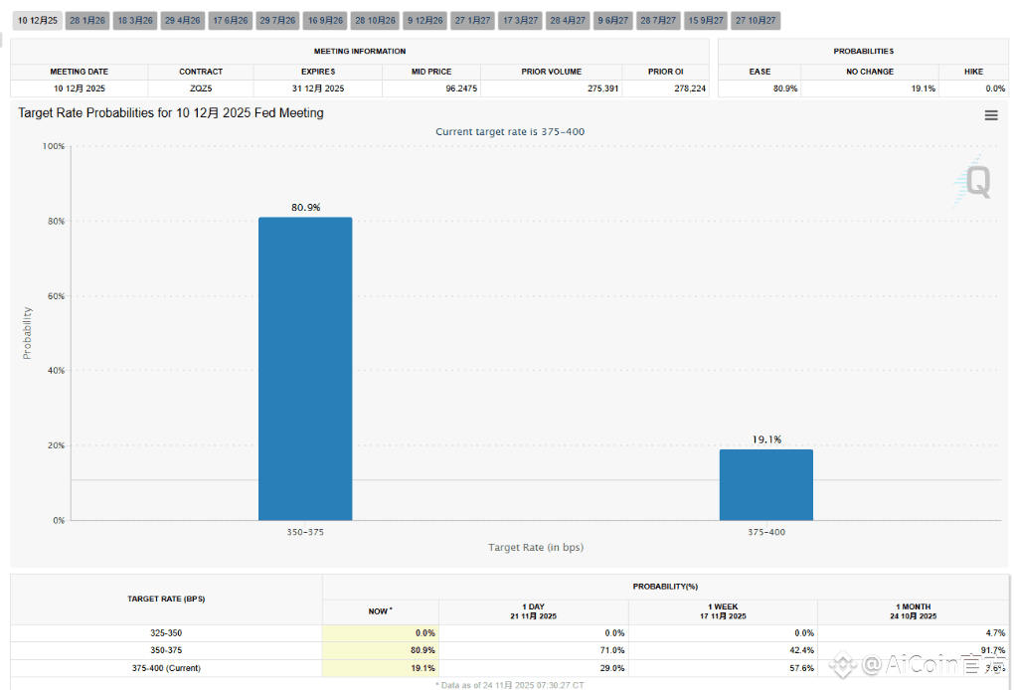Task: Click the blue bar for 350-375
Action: (x=305, y=368)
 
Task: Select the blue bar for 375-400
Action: (x=765, y=484)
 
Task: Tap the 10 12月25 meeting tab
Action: (x=38, y=20)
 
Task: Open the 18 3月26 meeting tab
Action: (x=135, y=20)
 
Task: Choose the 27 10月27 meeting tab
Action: (x=756, y=20)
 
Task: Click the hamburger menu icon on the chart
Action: (x=991, y=115)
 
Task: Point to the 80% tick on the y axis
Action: (x=54, y=221)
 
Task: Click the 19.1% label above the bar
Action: (x=766, y=438)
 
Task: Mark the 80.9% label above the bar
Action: (x=305, y=207)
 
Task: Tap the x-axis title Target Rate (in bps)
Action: (x=536, y=548)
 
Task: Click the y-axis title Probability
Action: (x=28, y=333)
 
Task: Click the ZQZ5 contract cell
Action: (x=201, y=88)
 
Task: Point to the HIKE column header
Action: (x=973, y=72)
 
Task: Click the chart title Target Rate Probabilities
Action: (x=170, y=113)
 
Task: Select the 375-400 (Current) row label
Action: (x=166, y=668)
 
